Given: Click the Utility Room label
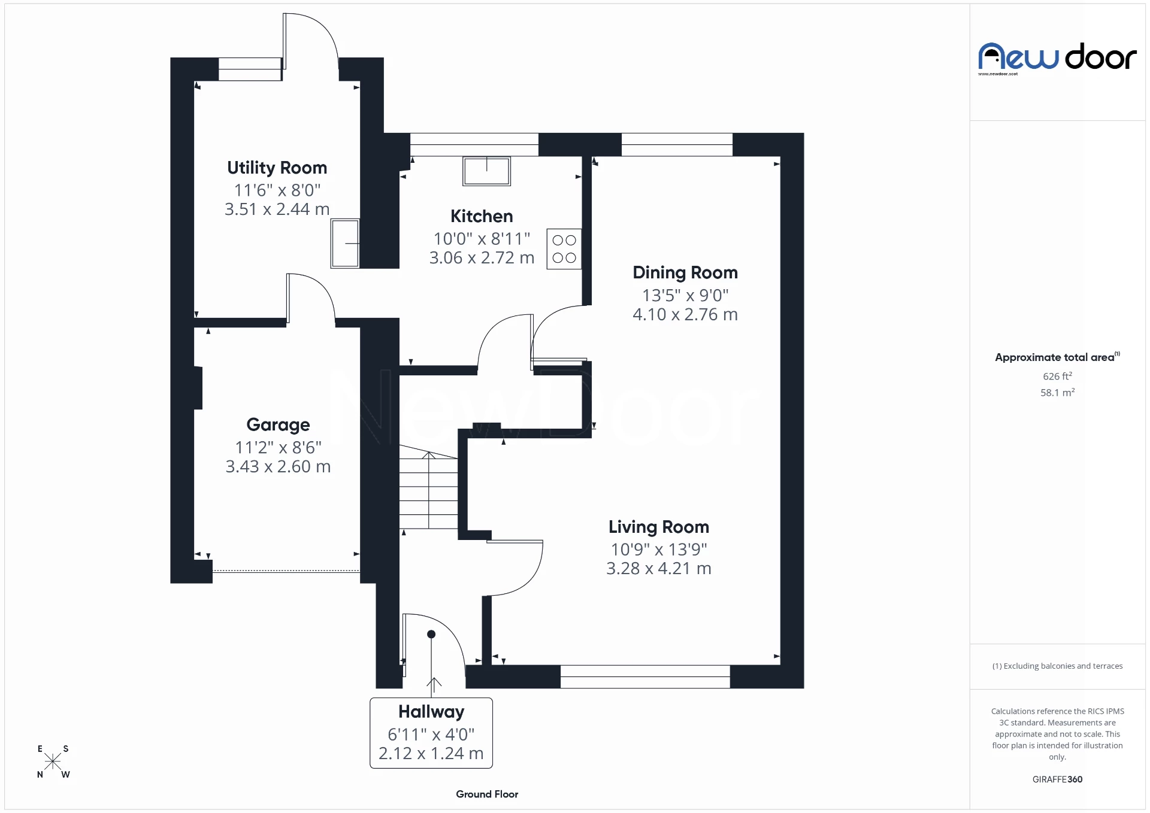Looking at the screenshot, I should (x=277, y=168).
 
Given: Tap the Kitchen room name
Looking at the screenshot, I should (x=482, y=216).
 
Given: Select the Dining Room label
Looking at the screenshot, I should (x=685, y=273).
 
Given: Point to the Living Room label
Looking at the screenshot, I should (x=658, y=527).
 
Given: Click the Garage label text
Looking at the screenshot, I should (x=278, y=424).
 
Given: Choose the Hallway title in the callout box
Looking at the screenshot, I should (x=431, y=712).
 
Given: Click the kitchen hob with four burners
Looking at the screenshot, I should (x=564, y=249).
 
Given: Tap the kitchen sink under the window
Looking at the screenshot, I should (x=486, y=171).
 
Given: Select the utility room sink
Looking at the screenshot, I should (x=345, y=243).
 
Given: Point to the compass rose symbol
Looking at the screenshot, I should (x=53, y=762).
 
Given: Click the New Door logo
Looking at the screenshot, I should (x=1057, y=58).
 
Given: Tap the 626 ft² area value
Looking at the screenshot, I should (x=1057, y=377).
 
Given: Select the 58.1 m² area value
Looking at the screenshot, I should (x=1057, y=393).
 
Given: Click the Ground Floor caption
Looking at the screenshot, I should (x=487, y=794).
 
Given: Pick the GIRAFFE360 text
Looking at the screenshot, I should (x=1057, y=779).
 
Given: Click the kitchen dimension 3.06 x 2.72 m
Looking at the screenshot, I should (x=482, y=258).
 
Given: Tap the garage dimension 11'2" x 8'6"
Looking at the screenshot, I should (x=278, y=447).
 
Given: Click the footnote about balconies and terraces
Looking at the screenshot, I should (x=1057, y=666).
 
